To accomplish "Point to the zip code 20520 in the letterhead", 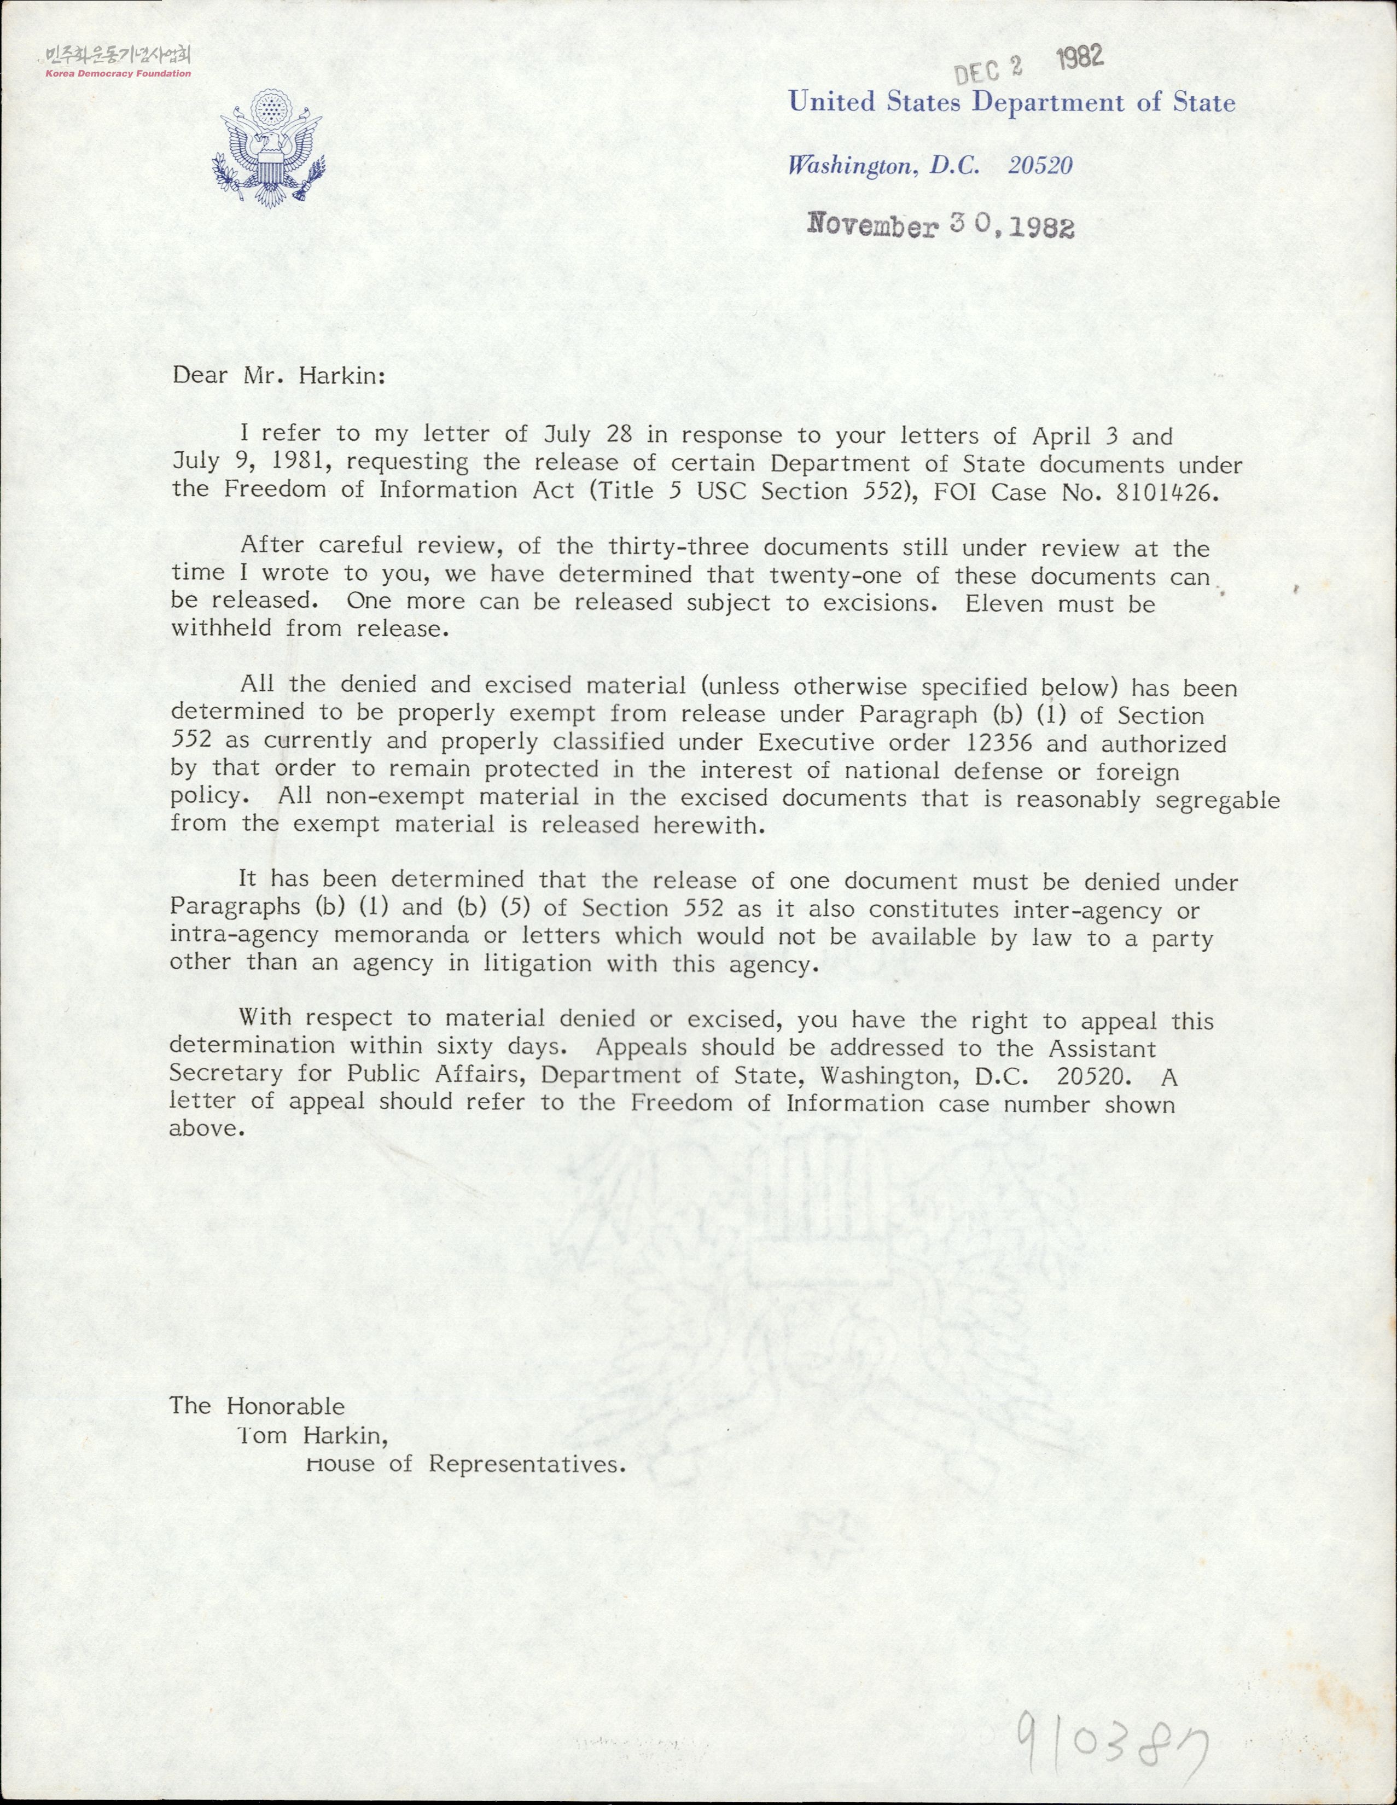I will (1040, 166).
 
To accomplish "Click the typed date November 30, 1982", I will (941, 225).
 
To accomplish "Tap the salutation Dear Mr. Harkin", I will (278, 376).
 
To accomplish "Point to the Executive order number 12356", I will (999, 742).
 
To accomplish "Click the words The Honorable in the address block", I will (257, 1406).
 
